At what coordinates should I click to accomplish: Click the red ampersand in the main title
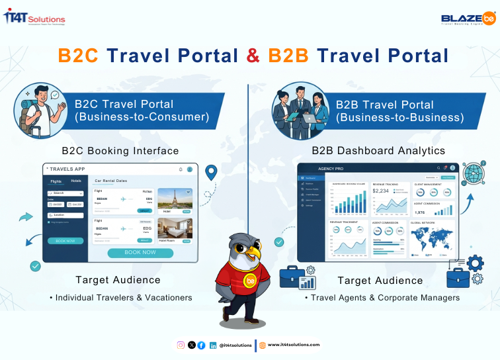point(253,55)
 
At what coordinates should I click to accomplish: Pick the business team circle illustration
point(301,110)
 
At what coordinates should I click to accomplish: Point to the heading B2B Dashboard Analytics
point(378,150)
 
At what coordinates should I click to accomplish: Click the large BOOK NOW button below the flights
point(140,253)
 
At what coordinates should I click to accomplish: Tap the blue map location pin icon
point(211,173)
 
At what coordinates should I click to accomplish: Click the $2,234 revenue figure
point(381,191)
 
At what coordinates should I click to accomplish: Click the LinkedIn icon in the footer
point(213,345)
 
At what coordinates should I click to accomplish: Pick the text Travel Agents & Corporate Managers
point(382,298)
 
